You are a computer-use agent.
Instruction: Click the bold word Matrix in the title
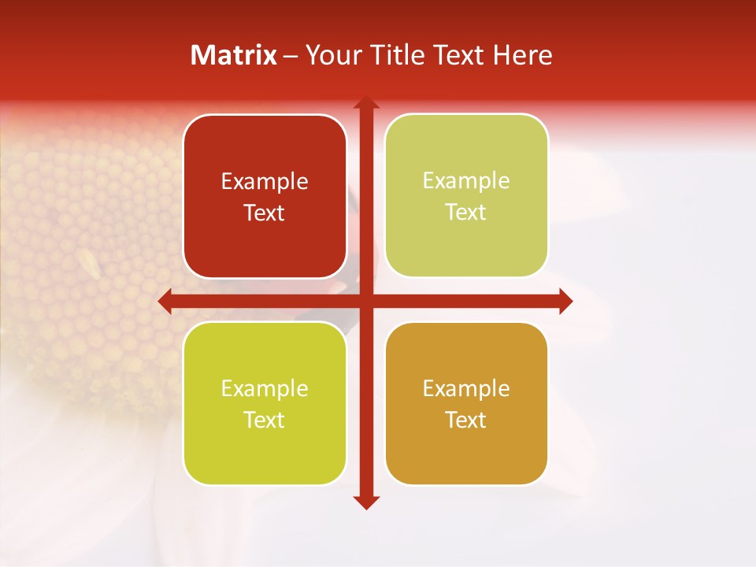coord(234,55)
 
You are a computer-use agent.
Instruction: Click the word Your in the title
coord(332,55)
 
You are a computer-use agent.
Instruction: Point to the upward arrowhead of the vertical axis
coord(365,102)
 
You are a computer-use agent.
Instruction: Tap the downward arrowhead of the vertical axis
coord(365,502)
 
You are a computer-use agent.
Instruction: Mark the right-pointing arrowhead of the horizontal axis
coord(565,301)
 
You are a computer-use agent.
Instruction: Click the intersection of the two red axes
coord(365,301)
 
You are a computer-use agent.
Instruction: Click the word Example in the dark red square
coord(265,182)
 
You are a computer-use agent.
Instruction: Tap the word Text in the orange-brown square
coord(466,420)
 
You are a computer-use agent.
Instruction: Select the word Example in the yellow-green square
coord(265,388)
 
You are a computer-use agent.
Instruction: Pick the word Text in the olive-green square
coord(466,213)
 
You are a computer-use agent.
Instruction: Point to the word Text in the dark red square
coord(265,213)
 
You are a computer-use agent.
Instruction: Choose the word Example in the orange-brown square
coord(466,388)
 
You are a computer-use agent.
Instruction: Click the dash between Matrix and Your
coord(291,55)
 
